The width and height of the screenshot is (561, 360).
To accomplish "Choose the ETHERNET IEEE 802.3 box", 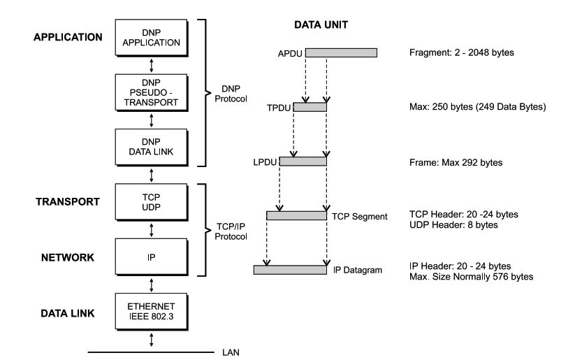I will [x=152, y=311].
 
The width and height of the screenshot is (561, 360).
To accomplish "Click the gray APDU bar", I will [x=341, y=52].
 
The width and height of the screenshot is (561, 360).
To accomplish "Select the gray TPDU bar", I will [x=309, y=107].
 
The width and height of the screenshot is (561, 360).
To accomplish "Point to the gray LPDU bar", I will [x=303, y=161].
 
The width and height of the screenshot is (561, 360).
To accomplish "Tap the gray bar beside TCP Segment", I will [x=296, y=216].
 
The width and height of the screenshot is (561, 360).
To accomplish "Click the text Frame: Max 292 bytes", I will [x=456, y=162].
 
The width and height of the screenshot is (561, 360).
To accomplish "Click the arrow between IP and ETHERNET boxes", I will [x=152, y=285].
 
